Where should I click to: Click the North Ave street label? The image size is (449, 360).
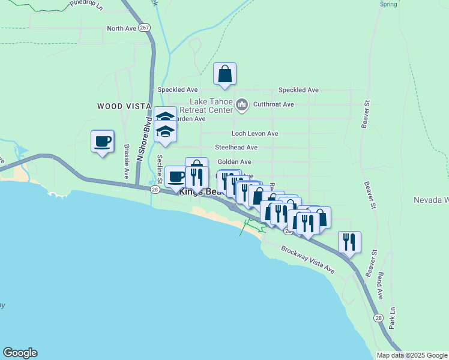pos(122,28)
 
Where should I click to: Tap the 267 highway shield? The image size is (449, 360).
pos(143,28)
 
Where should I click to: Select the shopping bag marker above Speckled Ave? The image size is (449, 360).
pos(225,74)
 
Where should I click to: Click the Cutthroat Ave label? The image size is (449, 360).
pos(273,104)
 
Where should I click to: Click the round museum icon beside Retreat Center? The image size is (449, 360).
pos(242,106)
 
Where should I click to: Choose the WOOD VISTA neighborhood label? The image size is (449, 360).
pos(124,106)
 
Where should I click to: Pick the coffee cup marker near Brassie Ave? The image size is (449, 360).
pos(103,142)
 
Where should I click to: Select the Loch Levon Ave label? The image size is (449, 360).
pos(255,133)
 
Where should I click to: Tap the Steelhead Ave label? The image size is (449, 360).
pos(237,147)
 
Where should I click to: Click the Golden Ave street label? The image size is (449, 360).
pos(234,161)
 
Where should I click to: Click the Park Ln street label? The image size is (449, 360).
pos(392,318)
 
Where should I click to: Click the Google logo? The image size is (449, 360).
pos(20,353)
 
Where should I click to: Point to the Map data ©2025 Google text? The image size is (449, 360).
pos(412,355)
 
